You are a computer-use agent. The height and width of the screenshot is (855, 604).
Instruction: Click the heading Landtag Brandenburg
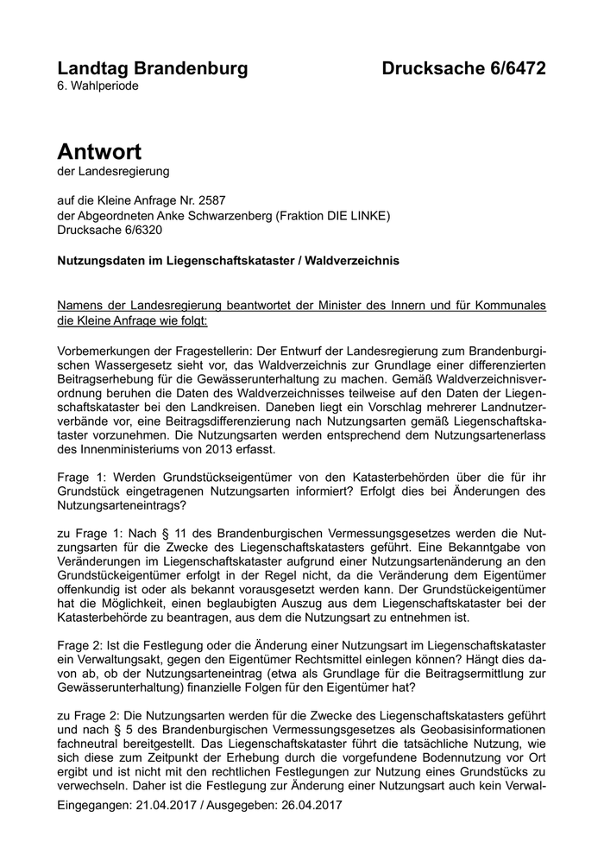tap(152, 68)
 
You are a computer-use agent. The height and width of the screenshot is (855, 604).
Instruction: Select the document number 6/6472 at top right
tap(511, 68)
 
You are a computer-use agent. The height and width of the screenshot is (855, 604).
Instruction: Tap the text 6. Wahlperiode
tap(98, 86)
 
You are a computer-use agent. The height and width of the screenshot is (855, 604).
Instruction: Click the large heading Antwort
tap(99, 152)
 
